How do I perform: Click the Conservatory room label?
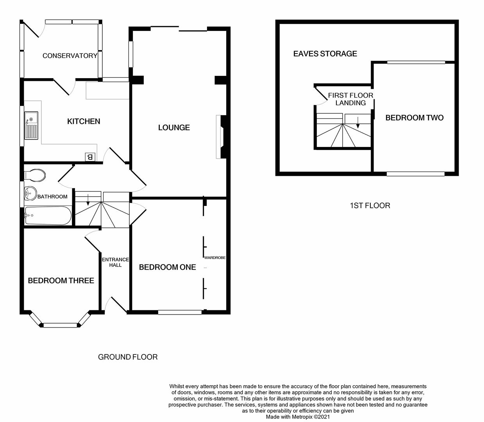(x=70, y=56)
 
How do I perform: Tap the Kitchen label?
(x=84, y=122)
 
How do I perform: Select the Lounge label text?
(x=174, y=128)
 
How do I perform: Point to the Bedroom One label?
(x=167, y=267)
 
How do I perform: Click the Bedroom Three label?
(x=61, y=281)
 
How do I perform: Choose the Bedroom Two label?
(x=414, y=118)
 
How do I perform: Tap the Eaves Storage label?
(x=325, y=54)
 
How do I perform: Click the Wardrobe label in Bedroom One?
(x=215, y=258)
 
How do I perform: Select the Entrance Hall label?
(x=115, y=262)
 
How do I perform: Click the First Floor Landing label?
(x=350, y=99)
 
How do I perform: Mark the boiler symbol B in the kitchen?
(x=90, y=157)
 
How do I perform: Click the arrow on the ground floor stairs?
(x=88, y=200)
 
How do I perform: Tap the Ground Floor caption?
(x=128, y=357)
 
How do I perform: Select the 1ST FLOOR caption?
(x=370, y=206)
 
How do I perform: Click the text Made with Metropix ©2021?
(x=298, y=417)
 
